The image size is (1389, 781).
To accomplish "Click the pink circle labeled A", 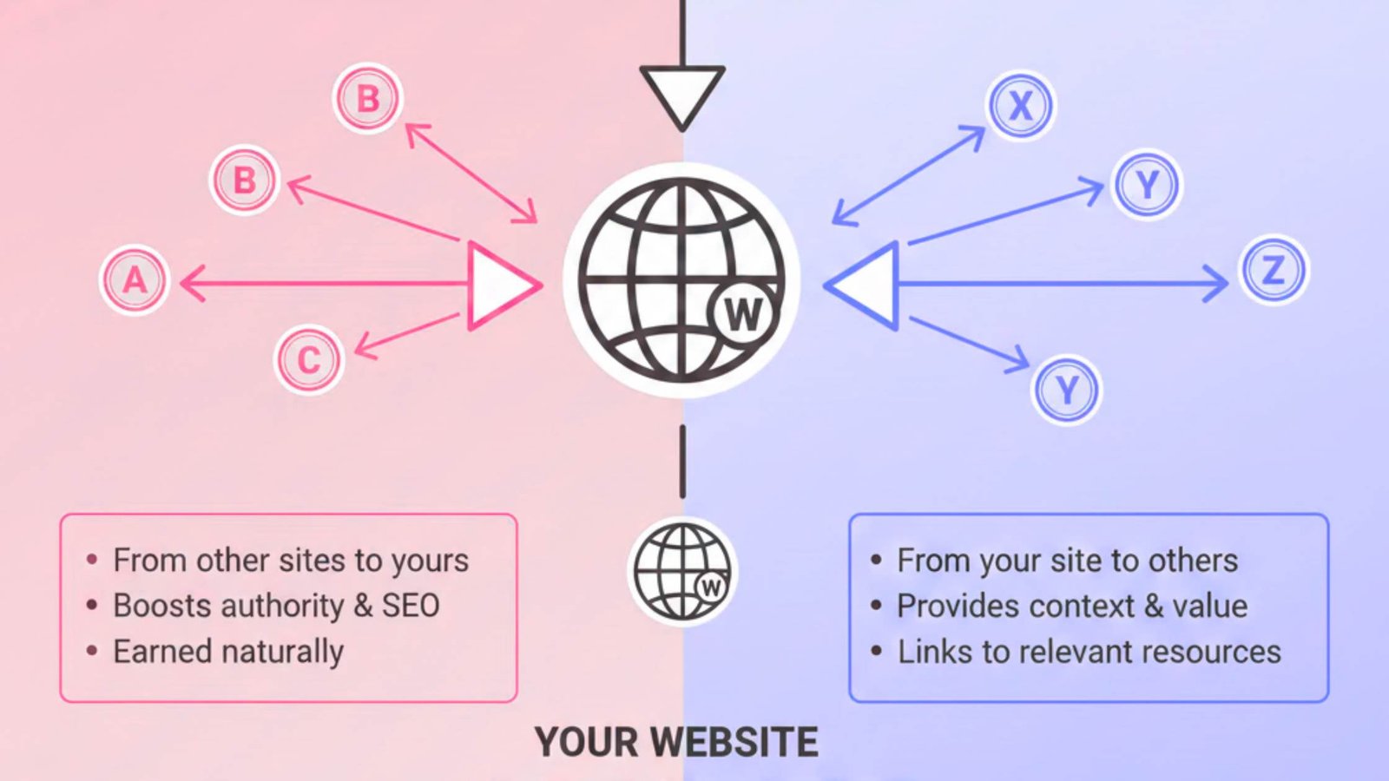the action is tap(135, 279).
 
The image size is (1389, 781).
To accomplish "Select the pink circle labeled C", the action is tap(309, 359).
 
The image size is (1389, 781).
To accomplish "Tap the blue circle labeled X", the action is tap(1020, 105).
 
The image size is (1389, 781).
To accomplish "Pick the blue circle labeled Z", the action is tap(1274, 270).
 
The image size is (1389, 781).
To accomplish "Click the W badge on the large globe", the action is tap(743, 314).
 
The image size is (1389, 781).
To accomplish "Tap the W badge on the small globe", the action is tap(711, 587).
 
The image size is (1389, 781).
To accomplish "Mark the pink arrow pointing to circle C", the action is tap(407, 336).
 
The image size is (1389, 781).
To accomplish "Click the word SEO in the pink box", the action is tap(411, 605).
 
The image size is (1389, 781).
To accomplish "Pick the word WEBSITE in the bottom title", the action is tap(734, 742).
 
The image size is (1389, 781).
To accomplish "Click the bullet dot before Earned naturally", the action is tap(92, 651).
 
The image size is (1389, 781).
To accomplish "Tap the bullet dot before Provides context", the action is tap(876, 606).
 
